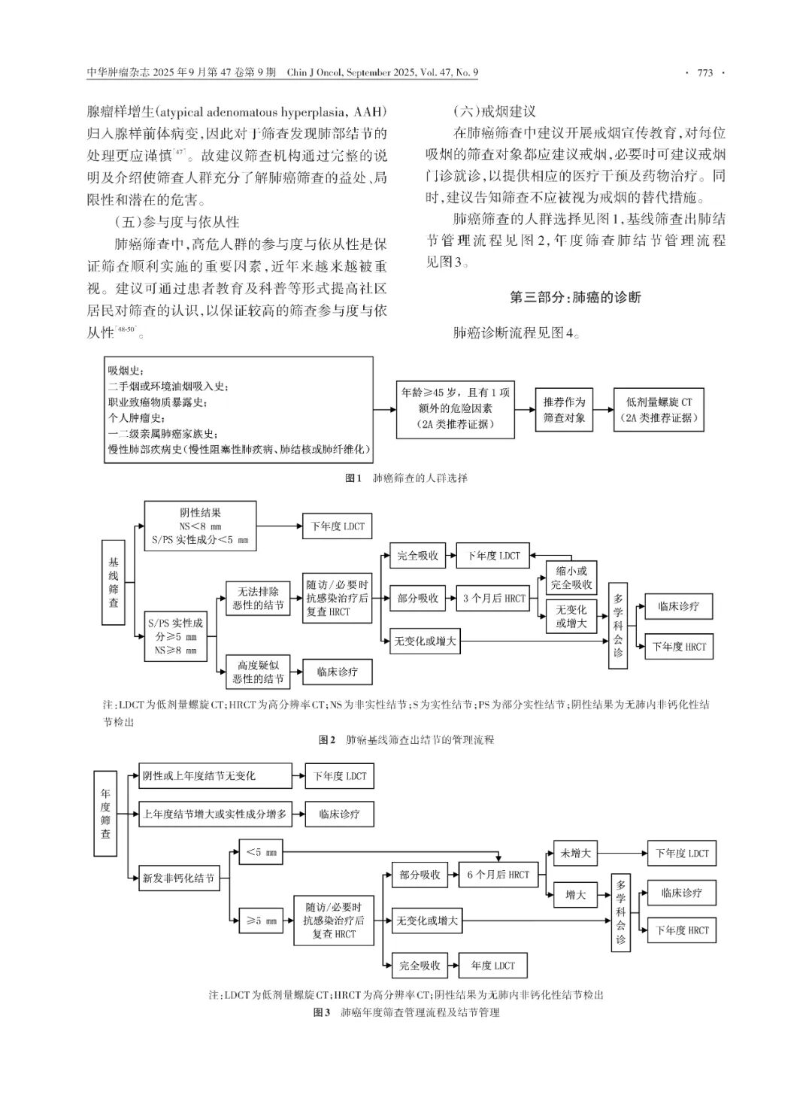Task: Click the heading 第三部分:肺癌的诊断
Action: coord(575,297)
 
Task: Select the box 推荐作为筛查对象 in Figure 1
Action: coord(564,410)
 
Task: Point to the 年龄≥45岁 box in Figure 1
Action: coord(456,409)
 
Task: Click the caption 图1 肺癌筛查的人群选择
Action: coord(406,478)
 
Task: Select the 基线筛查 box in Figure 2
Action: coord(114,582)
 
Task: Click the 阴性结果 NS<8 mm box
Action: coord(200,526)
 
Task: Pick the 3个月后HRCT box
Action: coord(494,599)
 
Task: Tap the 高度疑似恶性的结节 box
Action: coord(259,672)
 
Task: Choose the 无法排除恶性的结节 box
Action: coord(259,599)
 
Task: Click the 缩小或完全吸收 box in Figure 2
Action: coord(571,577)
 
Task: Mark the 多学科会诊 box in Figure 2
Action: coord(618,625)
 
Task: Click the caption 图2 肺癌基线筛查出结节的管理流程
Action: coord(406,740)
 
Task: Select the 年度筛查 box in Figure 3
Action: coord(105,813)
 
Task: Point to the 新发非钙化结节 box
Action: coord(179,878)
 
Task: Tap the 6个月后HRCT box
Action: coord(498,875)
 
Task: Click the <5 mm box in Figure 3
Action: coord(261,853)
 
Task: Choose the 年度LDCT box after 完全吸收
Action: coord(493,966)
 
